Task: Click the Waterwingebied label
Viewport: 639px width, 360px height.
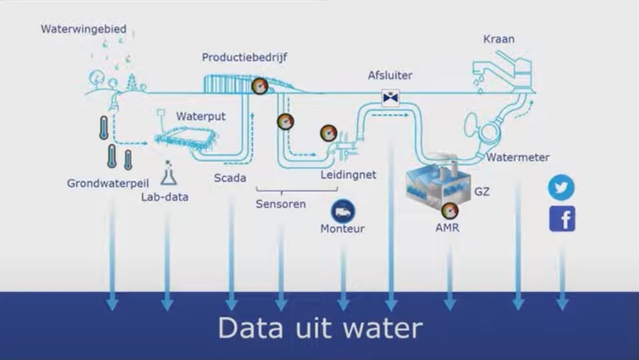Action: (x=84, y=29)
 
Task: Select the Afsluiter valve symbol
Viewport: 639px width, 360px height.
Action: (x=391, y=97)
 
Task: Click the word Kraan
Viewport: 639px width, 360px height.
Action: (x=499, y=39)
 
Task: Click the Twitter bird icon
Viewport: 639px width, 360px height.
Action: (x=562, y=187)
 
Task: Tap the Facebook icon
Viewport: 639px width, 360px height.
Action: (x=562, y=219)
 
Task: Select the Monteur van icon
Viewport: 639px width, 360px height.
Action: (x=343, y=210)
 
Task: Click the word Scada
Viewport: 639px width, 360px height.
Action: (x=230, y=178)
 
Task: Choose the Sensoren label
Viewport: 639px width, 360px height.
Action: (x=281, y=204)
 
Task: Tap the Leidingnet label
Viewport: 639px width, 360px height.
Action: (x=348, y=175)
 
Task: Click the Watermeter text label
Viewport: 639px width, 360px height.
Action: (x=518, y=157)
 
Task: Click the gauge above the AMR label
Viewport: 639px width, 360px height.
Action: (x=448, y=210)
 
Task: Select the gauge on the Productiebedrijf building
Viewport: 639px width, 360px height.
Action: (x=260, y=87)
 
